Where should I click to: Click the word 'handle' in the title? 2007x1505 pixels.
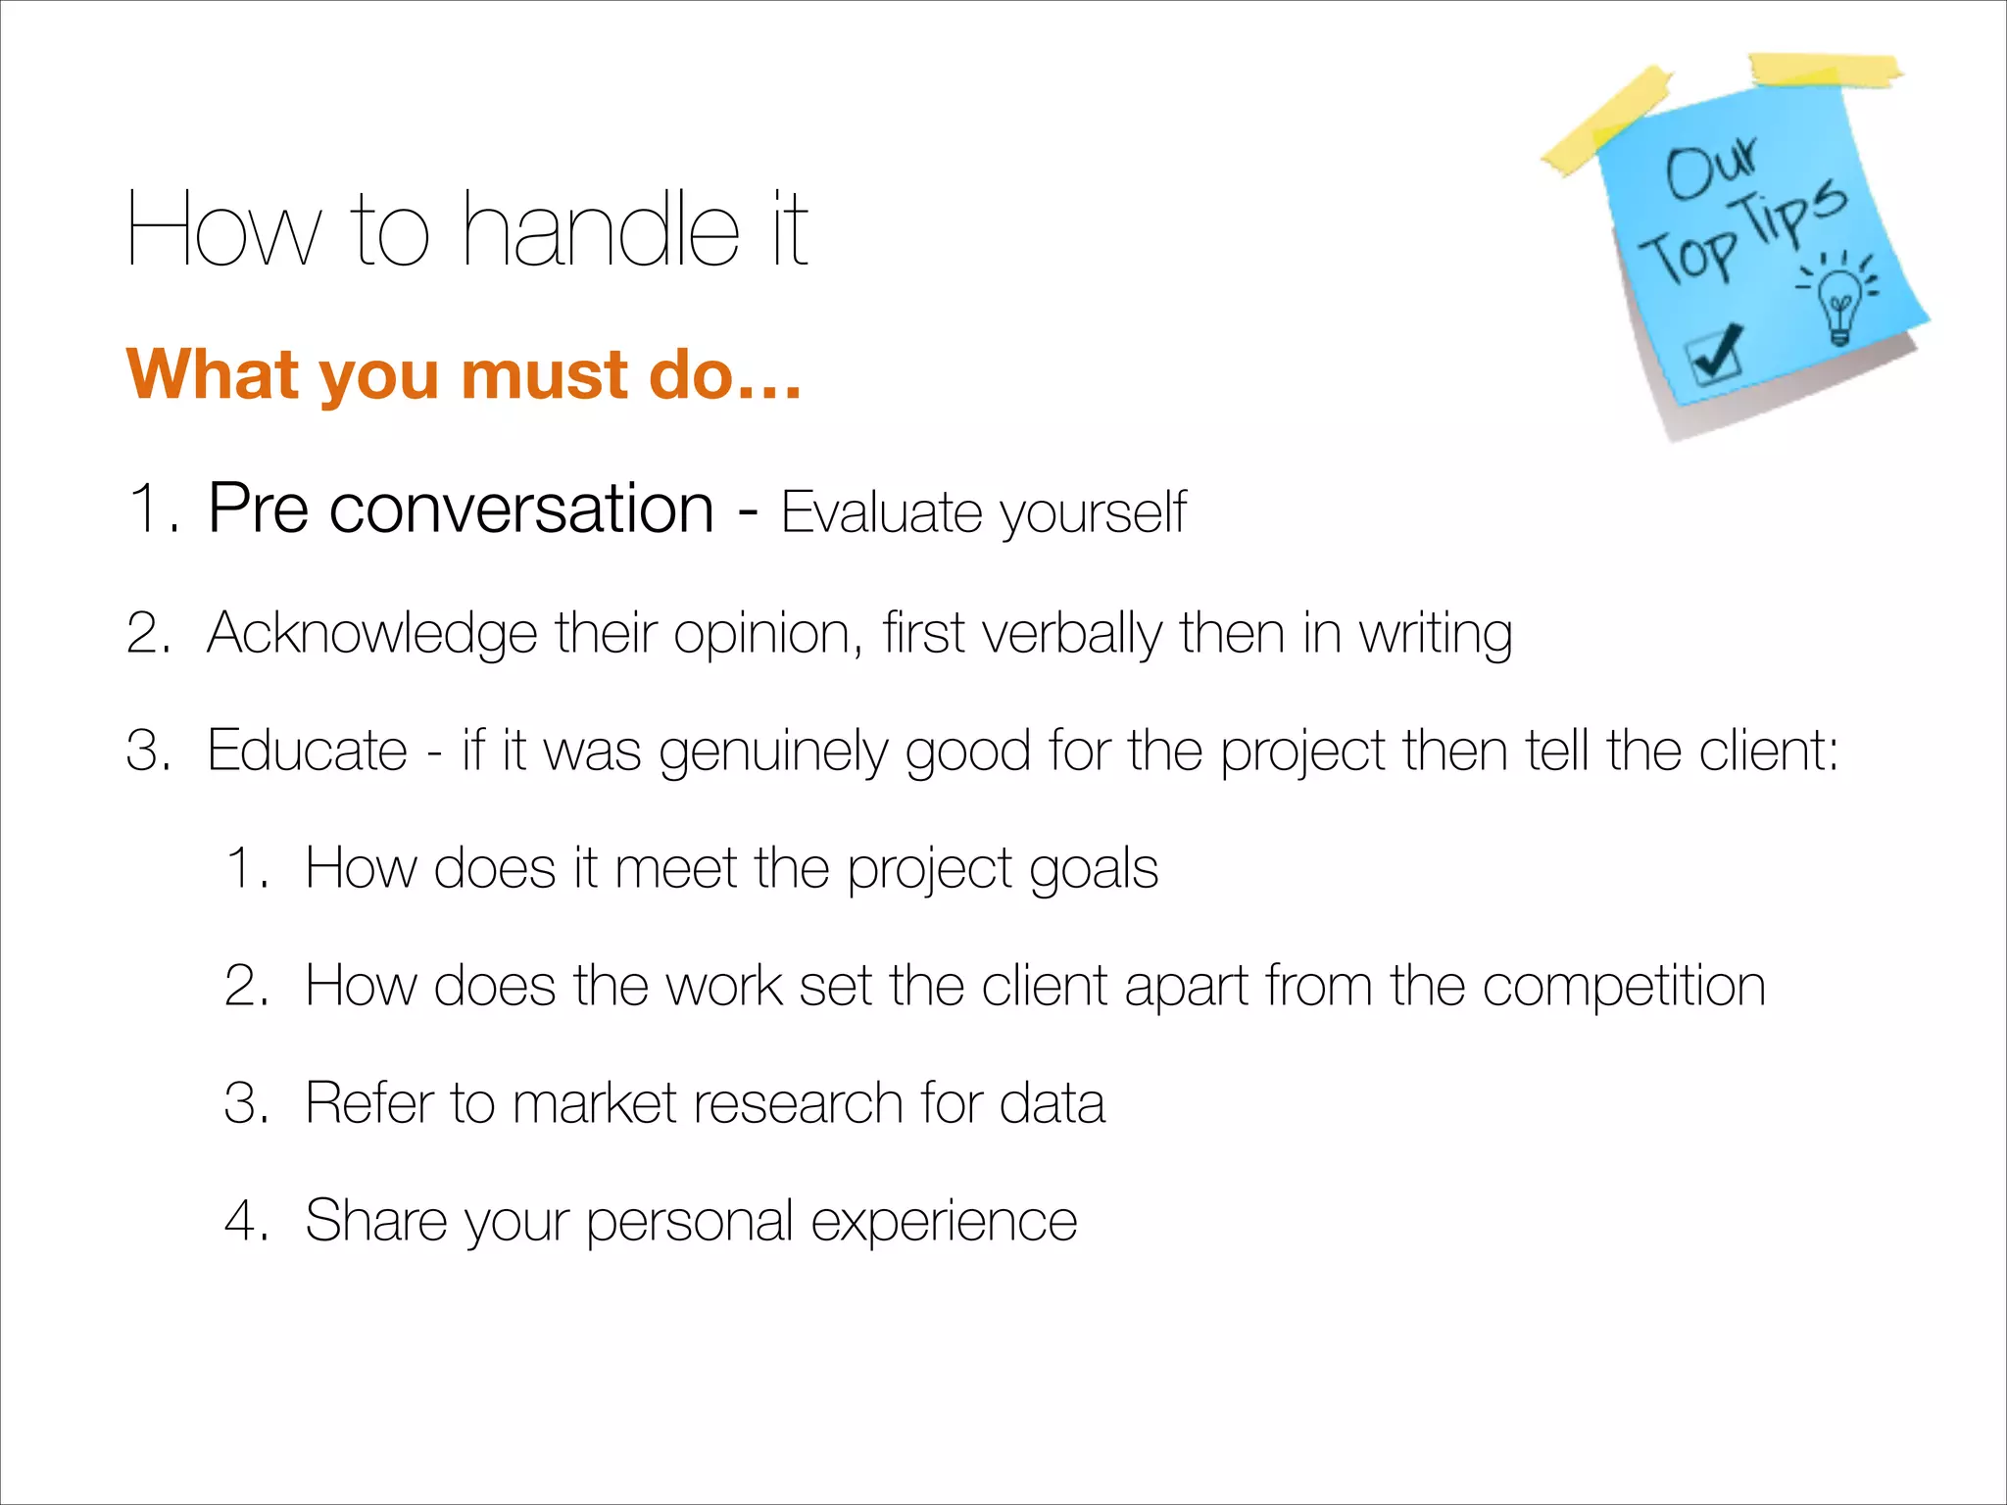pyautogui.click(x=600, y=230)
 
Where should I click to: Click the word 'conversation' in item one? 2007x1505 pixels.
pyautogui.click(x=521, y=510)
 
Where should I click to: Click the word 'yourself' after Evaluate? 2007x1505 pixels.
pyautogui.click(x=1093, y=513)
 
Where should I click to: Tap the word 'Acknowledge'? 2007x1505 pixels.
pyautogui.click(x=371, y=633)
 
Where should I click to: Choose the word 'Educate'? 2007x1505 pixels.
pyautogui.click(x=307, y=751)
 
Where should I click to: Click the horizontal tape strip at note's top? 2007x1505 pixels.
pyautogui.click(x=1825, y=71)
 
